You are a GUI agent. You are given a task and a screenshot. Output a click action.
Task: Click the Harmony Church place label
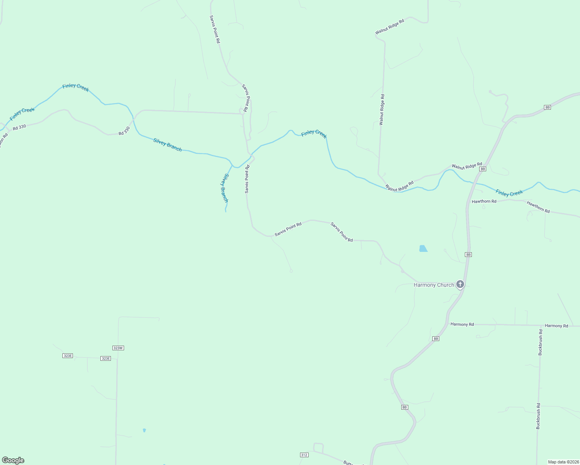pyautogui.click(x=433, y=285)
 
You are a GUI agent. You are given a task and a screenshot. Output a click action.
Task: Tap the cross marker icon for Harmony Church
pyautogui.click(x=460, y=284)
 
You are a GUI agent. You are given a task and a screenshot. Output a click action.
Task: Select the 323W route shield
pyautogui.click(x=118, y=348)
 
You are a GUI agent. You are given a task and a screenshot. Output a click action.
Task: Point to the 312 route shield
pyautogui.click(x=304, y=455)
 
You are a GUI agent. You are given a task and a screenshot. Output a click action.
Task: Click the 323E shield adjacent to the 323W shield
pyautogui.click(x=105, y=358)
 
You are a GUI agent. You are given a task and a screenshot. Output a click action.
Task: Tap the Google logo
pyautogui.click(x=13, y=460)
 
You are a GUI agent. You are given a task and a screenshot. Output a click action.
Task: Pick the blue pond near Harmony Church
pyautogui.click(x=423, y=248)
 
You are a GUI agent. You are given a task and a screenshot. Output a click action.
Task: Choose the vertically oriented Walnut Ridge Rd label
pyautogui.click(x=382, y=109)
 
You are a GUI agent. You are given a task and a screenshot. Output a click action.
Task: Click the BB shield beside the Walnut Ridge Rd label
pyautogui.click(x=482, y=169)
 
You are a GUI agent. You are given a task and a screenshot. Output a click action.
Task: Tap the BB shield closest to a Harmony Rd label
pyautogui.click(x=435, y=339)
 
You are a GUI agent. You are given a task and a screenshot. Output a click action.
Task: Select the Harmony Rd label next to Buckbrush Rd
pyautogui.click(x=556, y=326)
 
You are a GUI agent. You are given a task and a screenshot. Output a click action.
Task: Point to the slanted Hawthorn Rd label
pyautogui.click(x=538, y=207)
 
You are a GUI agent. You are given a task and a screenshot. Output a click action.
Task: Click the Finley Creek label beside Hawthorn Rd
pyautogui.click(x=509, y=193)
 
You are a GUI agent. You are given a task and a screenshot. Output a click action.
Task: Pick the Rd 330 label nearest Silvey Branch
pyautogui.click(x=124, y=131)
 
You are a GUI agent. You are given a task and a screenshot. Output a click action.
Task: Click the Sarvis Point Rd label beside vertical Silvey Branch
pyautogui.click(x=247, y=179)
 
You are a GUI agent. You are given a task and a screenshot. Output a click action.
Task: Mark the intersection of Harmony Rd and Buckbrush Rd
pyautogui.click(x=541, y=325)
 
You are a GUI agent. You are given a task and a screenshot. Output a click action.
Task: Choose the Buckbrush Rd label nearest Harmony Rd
pyautogui.click(x=540, y=342)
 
